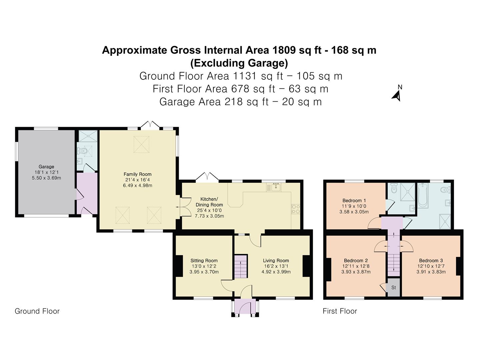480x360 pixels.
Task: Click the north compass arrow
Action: (396, 95)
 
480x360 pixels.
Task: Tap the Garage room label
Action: (46, 167)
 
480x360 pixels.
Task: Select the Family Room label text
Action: (137, 174)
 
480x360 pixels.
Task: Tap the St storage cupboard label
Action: (394, 288)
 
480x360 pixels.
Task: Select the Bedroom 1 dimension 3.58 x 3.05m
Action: (354, 212)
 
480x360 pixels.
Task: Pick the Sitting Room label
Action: (204, 261)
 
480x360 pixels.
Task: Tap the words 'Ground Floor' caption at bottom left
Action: (37, 311)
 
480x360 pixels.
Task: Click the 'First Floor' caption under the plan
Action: (340, 311)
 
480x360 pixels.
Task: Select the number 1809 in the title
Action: (284, 50)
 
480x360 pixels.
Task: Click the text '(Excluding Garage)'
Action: (239, 63)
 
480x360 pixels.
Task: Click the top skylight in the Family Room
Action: (141, 144)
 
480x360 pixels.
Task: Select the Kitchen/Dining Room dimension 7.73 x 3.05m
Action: (209, 216)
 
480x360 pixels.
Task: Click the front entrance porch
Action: (245, 307)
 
